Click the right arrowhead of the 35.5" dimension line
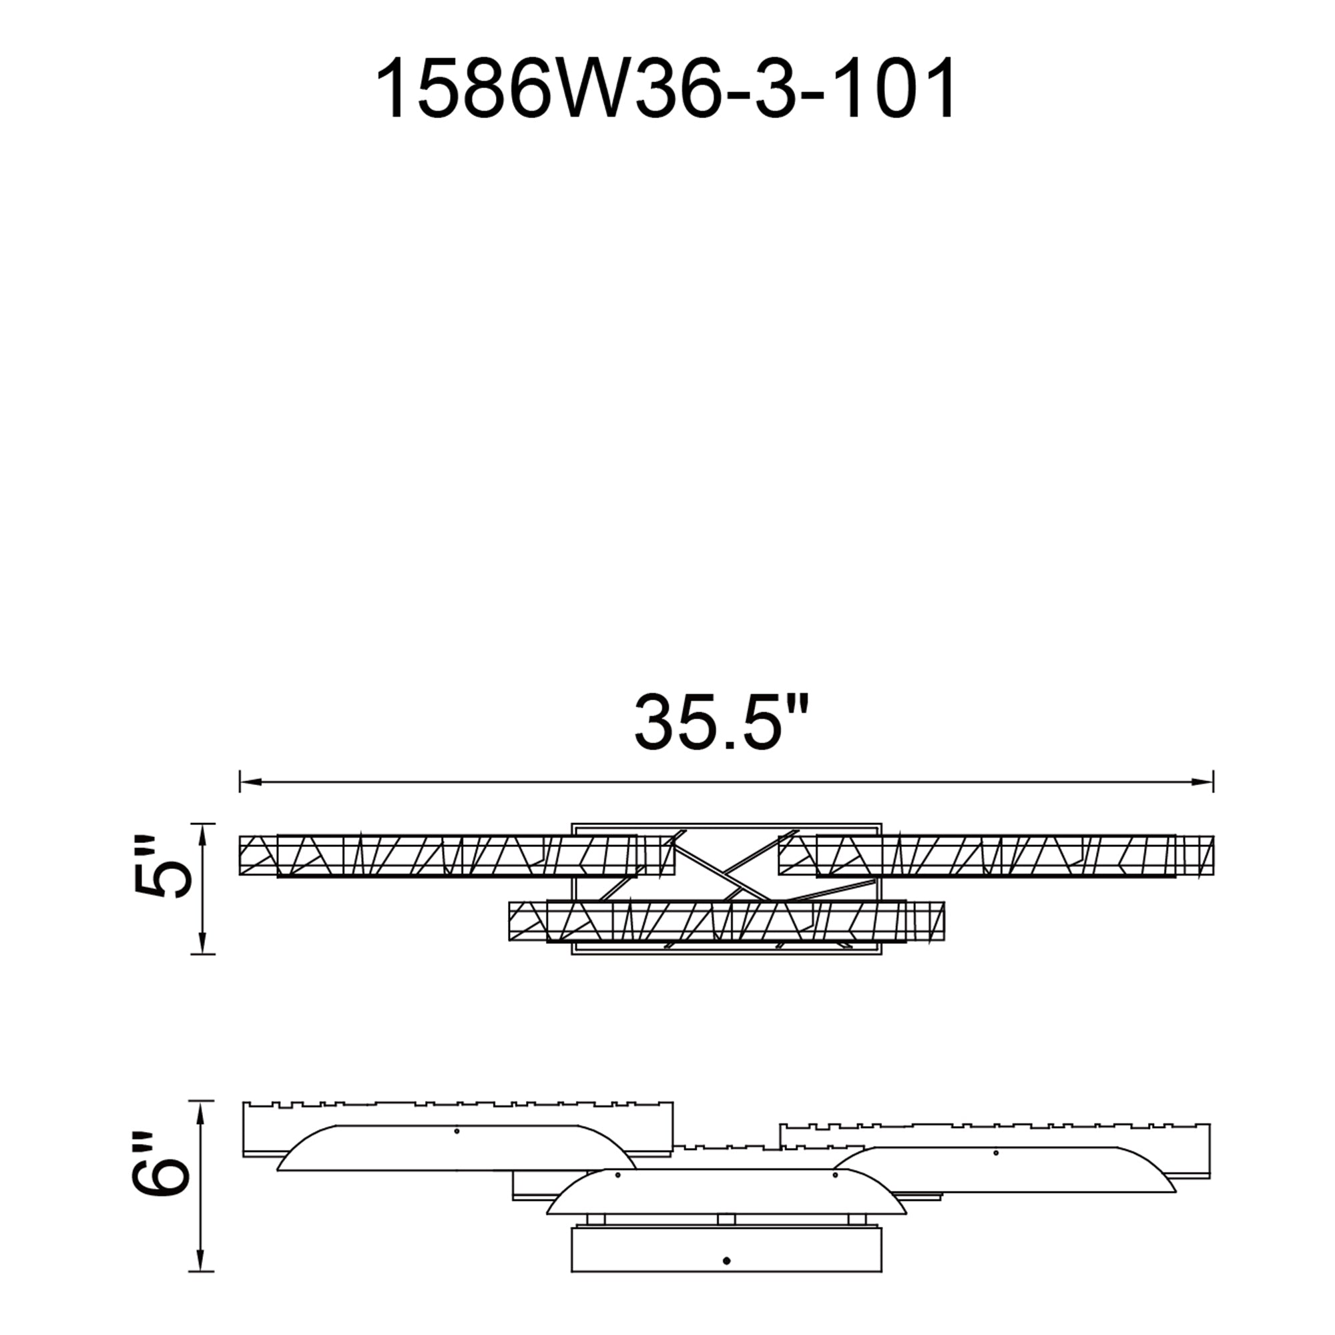click(x=1203, y=782)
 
